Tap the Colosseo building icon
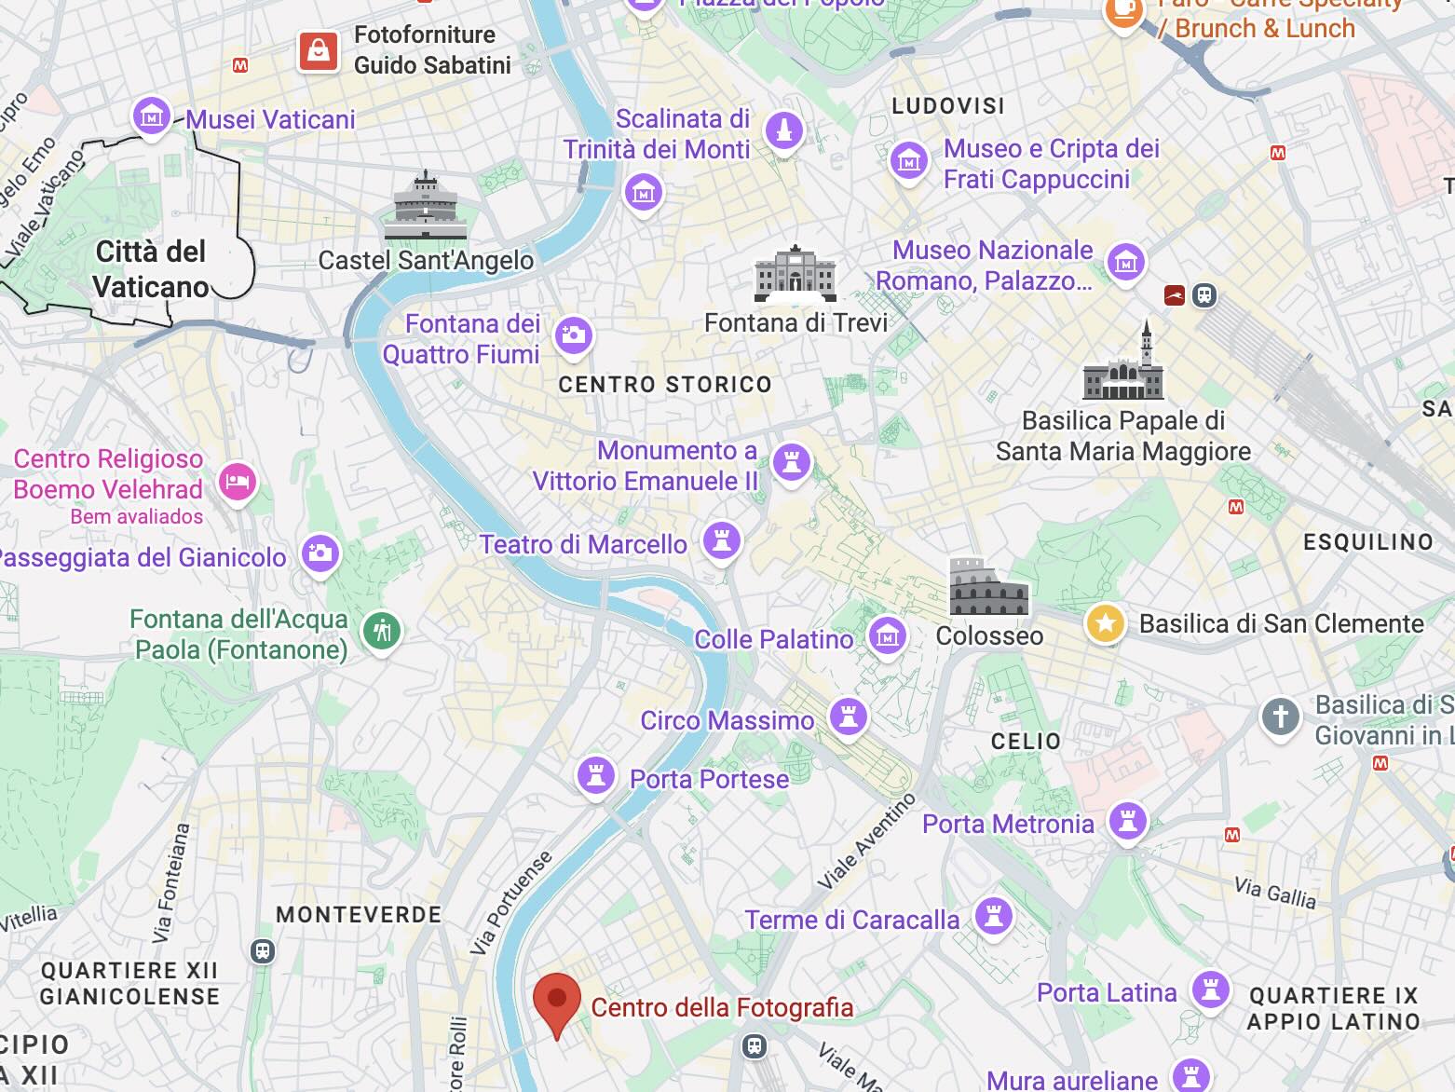click(x=988, y=587)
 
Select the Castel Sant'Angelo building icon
click(x=425, y=206)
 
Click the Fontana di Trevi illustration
click(x=795, y=274)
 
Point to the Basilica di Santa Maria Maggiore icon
click(x=1123, y=364)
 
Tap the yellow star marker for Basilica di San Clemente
click(x=1105, y=623)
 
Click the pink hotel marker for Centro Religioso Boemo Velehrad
click(x=238, y=482)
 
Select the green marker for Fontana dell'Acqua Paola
click(x=381, y=631)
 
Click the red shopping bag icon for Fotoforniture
click(x=319, y=50)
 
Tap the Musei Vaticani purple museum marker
click(x=151, y=116)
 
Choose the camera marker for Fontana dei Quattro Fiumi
click(x=573, y=335)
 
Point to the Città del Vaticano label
click(x=151, y=269)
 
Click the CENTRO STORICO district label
click(x=665, y=385)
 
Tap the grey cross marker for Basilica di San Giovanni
click(x=1280, y=717)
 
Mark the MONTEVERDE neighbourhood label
click(x=359, y=915)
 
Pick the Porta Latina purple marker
click(x=1210, y=990)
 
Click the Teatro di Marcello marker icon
click(x=721, y=539)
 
